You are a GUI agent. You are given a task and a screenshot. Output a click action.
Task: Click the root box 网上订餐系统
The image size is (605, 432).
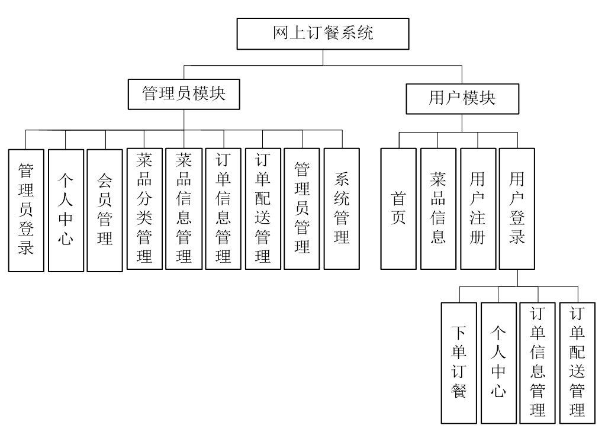coord(323,34)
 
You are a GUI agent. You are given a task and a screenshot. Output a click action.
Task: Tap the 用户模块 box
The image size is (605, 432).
coord(462,98)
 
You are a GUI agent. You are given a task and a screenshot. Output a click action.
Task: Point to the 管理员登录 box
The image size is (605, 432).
coord(26,209)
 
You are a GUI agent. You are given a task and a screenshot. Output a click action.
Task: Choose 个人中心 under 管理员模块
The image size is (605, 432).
coord(66,209)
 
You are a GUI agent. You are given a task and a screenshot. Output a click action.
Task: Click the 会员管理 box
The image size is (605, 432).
coord(105,209)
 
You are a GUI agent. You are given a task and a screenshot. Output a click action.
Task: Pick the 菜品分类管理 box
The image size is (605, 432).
coord(144,208)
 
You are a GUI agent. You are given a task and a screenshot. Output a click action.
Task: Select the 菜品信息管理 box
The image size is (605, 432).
coord(184,208)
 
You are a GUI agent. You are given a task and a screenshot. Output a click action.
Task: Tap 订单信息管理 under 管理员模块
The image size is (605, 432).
coord(223,208)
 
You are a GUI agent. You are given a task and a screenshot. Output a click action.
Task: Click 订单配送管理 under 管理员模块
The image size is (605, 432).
coord(263,208)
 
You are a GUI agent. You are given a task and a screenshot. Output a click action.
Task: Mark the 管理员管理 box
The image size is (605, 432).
coord(302,208)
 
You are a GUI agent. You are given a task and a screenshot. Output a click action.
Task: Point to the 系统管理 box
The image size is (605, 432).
coord(342,208)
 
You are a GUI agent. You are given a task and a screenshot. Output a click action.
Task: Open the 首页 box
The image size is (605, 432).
coord(398,208)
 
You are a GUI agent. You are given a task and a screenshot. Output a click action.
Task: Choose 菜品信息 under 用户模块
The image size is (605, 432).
coord(438,208)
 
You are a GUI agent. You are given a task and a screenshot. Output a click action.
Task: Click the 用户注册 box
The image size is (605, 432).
coord(478,208)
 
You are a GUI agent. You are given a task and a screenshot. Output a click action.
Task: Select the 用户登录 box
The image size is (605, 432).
coord(517,208)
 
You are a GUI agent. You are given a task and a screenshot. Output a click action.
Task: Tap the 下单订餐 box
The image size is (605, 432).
coord(459,362)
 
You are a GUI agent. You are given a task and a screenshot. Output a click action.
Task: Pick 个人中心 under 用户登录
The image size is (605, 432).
coord(498,362)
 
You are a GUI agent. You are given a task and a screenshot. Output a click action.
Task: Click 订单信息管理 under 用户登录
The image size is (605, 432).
coord(538,362)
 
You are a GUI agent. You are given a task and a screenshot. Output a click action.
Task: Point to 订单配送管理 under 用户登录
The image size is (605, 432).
coord(577,362)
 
